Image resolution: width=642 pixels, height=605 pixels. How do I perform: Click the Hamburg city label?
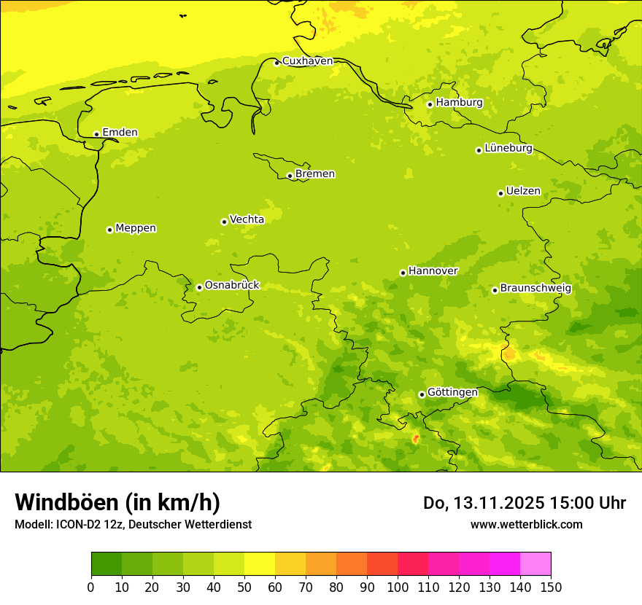[459, 103]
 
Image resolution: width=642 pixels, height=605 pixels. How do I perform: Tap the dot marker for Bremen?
[290, 176]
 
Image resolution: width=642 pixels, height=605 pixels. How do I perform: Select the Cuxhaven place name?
[307, 61]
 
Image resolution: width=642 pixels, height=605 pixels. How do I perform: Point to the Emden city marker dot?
[96, 134]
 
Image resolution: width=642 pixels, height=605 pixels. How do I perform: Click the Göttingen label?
[452, 392]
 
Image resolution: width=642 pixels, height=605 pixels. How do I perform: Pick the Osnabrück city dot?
[199, 287]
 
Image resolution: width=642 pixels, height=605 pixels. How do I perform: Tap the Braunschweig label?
[535, 288]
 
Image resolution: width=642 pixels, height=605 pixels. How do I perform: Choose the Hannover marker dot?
[403, 273]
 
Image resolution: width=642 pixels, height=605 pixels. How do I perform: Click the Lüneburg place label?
[508, 148]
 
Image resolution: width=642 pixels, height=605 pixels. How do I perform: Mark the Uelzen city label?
[523, 191]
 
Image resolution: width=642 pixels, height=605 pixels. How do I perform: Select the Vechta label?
[247, 219]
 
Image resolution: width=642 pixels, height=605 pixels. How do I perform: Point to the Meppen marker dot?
[109, 230]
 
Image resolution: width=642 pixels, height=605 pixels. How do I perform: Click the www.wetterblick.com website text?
[526, 524]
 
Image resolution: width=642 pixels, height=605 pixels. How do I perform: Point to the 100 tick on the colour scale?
[398, 587]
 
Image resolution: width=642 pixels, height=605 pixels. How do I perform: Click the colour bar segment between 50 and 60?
[260, 564]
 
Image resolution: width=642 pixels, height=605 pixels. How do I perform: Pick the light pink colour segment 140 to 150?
[535, 564]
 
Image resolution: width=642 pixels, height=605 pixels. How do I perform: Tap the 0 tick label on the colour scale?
[91, 587]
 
